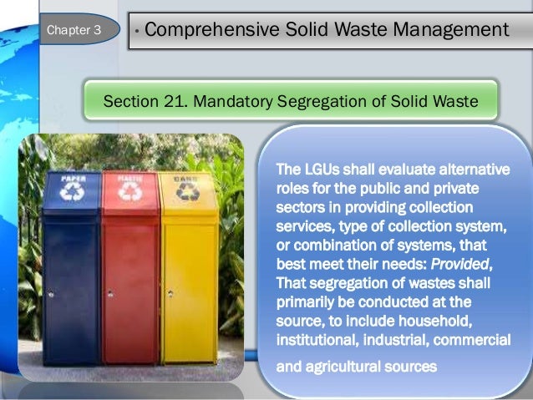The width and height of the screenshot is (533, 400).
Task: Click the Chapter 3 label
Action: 74,31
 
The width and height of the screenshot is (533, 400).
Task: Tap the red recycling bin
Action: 129,276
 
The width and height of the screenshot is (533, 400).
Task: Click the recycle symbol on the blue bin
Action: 71,192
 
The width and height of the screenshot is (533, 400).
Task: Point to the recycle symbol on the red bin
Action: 129,192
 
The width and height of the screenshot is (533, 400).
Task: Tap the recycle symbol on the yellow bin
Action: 185,193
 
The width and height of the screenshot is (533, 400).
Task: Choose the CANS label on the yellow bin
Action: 185,178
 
